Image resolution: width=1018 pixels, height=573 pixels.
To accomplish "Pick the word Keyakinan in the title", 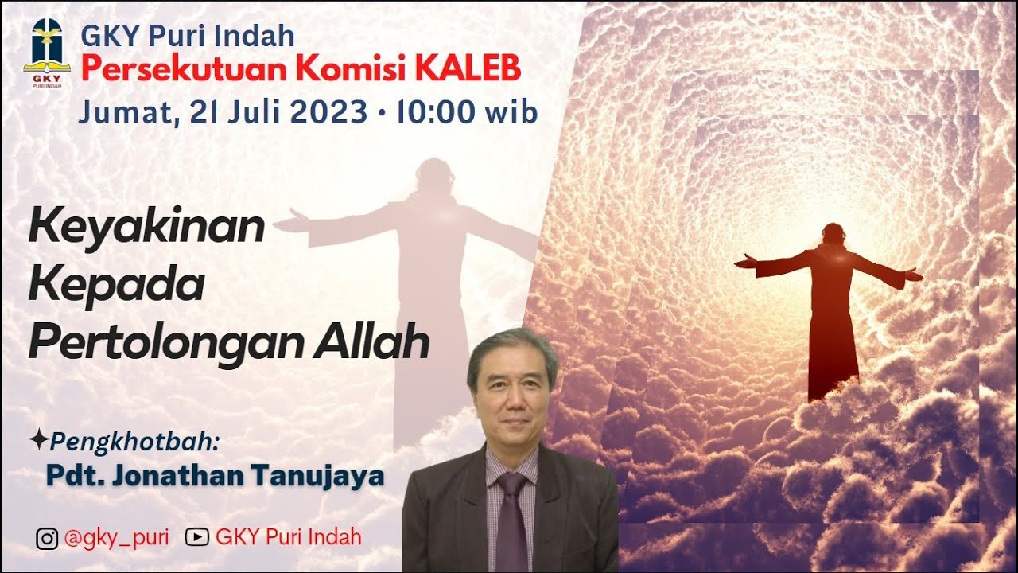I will [146, 227].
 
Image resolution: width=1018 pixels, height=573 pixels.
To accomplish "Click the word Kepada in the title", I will [116, 285].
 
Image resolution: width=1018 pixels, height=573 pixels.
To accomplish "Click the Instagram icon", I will [47, 539].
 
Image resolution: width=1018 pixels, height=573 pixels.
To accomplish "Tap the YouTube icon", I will [196, 537].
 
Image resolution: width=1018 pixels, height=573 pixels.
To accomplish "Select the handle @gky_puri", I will [116, 537].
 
